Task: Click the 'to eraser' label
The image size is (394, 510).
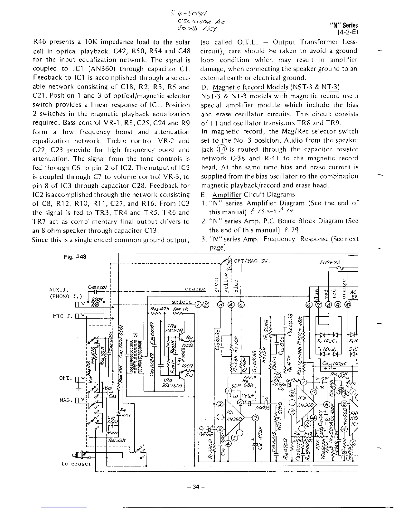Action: pos(76,464)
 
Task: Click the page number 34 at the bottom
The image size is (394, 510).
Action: pos(197,486)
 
